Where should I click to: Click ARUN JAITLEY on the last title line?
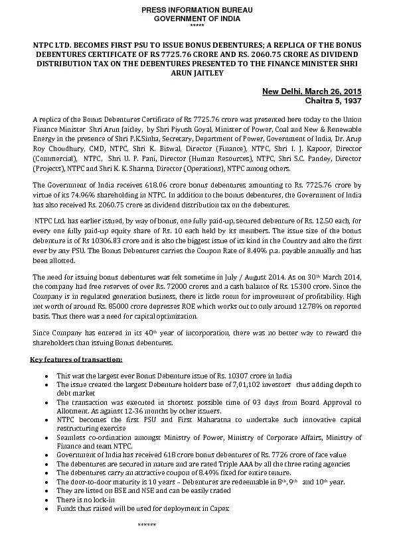tap(197, 72)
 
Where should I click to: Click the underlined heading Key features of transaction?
tap(76, 359)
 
